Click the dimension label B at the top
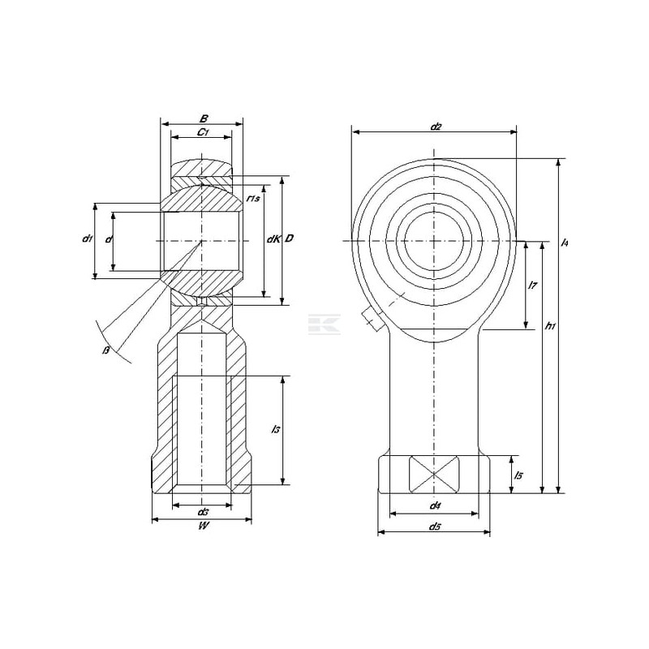point(204,118)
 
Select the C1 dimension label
point(202,132)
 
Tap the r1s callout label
point(253,199)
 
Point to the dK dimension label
point(273,239)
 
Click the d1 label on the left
point(88,238)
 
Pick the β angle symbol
point(106,350)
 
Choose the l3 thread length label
point(275,429)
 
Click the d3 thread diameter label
point(202,512)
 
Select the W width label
point(203,526)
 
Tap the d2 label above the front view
point(436,127)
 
